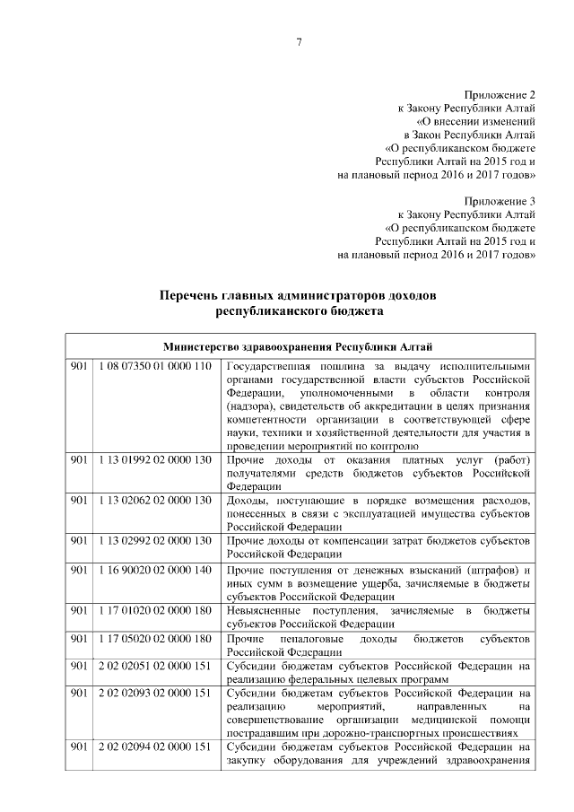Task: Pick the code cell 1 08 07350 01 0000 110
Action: [155, 366]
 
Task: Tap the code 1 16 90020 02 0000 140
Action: [155, 571]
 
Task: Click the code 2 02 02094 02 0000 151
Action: [155, 747]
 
